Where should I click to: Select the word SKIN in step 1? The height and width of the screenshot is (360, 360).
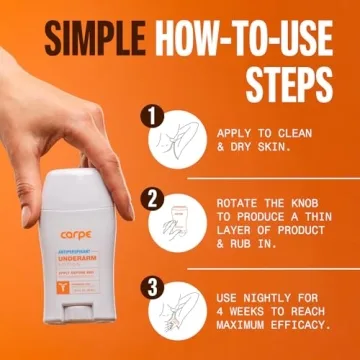(278, 146)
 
